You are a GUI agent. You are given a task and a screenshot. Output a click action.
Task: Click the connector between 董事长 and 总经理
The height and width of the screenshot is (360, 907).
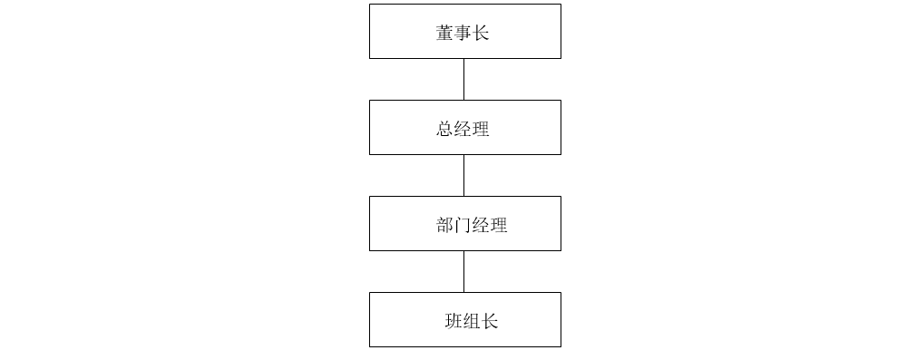(464, 79)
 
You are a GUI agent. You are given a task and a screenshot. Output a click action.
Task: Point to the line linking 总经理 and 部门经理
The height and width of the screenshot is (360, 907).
(464, 175)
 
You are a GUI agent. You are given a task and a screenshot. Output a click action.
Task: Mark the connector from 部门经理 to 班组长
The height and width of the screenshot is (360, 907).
(464, 271)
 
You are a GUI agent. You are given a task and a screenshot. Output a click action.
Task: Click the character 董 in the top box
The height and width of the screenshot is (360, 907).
(445, 34)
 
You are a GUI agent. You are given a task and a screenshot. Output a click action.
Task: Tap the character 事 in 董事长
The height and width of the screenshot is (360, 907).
(463, 34)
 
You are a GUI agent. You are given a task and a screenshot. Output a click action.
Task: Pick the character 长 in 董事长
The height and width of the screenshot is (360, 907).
(482, 34)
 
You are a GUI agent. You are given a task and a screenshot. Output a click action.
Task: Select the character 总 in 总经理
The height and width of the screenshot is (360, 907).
(445, 129)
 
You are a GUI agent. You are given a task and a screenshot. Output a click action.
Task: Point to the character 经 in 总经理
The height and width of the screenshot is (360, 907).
(463, 129)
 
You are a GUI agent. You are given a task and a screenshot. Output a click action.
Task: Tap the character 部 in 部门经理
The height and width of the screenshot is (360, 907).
(445, 225)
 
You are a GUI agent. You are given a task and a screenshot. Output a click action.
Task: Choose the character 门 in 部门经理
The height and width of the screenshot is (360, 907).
(463, 225)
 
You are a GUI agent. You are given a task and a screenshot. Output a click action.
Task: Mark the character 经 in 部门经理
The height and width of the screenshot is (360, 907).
(482, 225)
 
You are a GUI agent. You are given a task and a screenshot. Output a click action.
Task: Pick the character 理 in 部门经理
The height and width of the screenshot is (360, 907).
(499, 225)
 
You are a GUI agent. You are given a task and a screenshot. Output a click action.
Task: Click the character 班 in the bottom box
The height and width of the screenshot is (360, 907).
(454, 321)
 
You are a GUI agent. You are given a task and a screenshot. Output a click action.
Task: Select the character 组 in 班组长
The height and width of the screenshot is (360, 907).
(473, 321)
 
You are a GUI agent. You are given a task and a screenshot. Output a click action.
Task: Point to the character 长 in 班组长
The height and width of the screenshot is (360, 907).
(490, 321)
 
